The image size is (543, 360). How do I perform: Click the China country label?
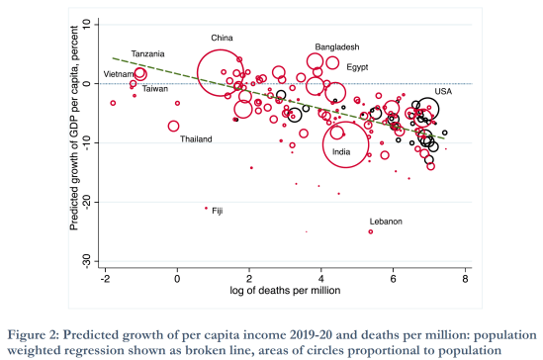click(x=222, y=39)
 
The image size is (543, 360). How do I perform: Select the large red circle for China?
click(x=223, y=72)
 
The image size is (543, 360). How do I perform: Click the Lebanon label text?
click(x=386, y=222)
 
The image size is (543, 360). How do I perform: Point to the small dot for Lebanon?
click(x=371, y=231)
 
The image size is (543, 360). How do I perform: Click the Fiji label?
click(x=218, y=211)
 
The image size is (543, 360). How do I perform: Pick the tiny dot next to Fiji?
click(x=206, y=208)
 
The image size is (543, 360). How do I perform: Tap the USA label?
click(x=443, y=91)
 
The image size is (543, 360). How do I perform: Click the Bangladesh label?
click(x=336, y=47)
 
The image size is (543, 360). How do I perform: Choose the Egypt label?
click(x=357, y=67)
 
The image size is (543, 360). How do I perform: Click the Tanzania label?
click(x=148, y=53)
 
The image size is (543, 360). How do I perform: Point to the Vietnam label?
click(x=119, y=74)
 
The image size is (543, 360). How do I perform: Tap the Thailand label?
click(x=196, y=139)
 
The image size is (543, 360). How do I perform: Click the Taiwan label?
click(x=154, y=89)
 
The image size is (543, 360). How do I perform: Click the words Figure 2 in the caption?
click(x=34, y=333)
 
